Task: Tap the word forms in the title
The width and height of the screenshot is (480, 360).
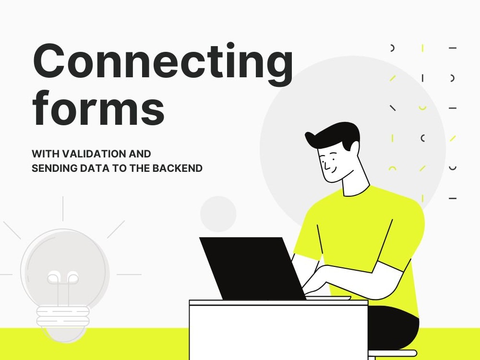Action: pyautogui.click(x=98, y=108)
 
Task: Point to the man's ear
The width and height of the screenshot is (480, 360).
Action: pyautogui.click(x=354, y=148)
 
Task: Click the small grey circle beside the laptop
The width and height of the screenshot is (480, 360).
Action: pyautogui.click(x=218, y=214)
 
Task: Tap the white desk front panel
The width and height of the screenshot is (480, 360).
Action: pyautogui.click(x=278, y=333)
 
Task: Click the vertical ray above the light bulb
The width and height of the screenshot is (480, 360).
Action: pyautogui.click(x=63, y=209)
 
